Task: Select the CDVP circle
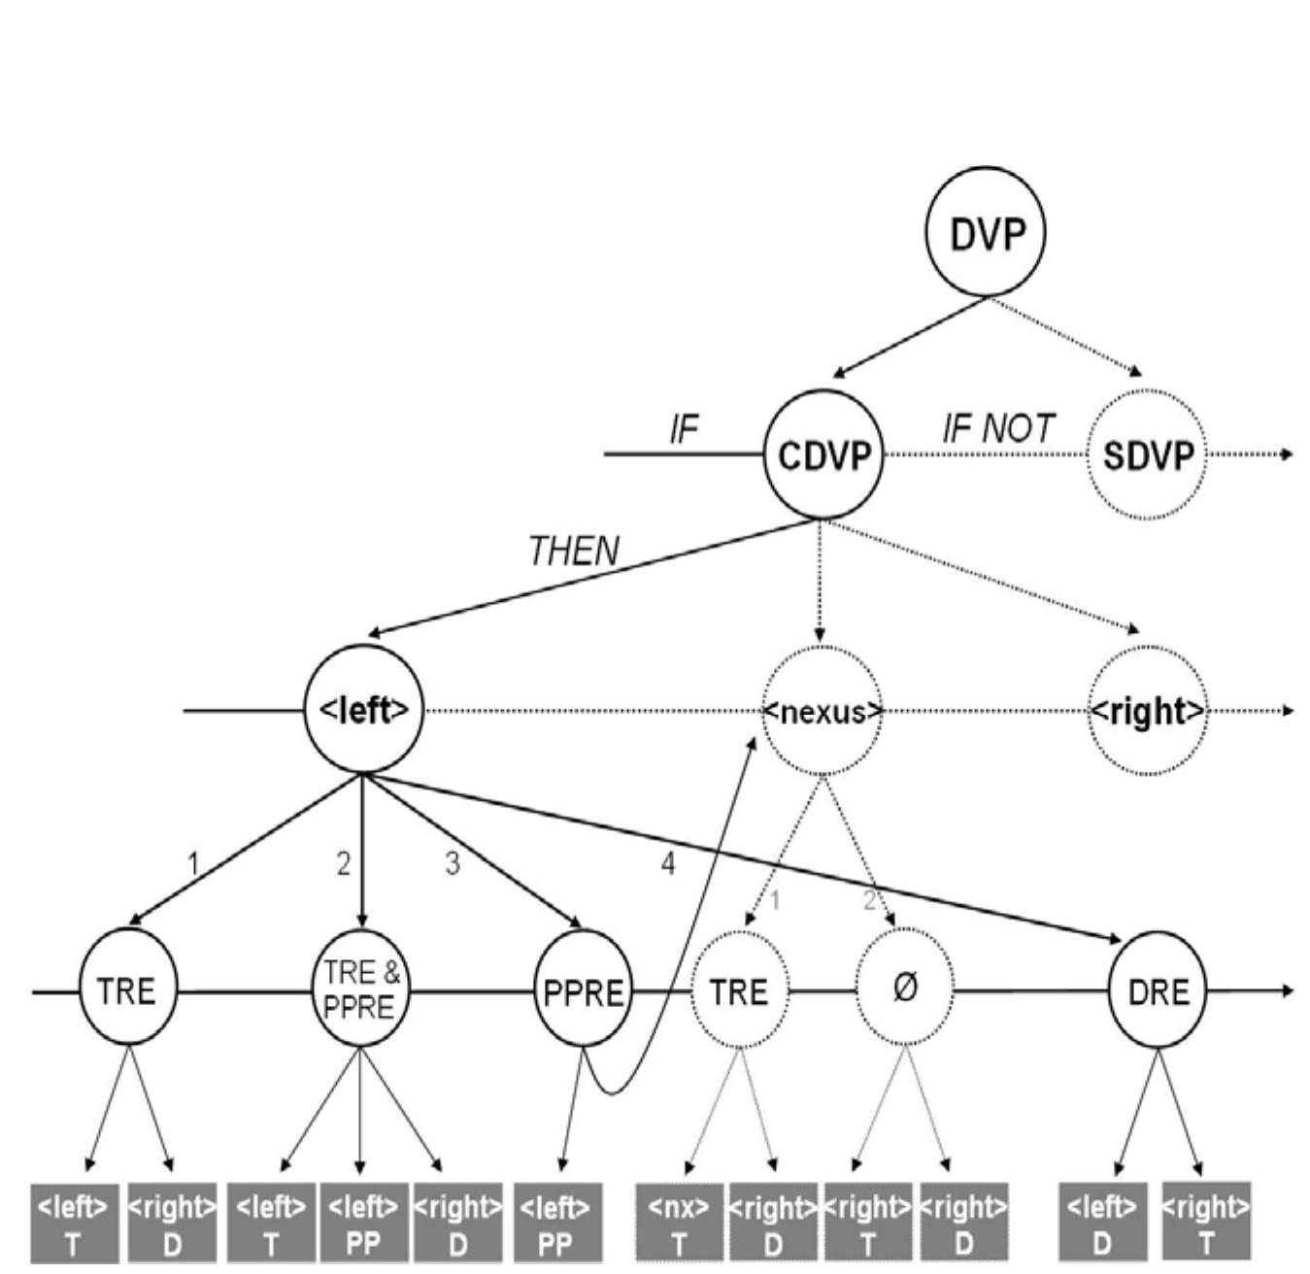click(x=823, y=453)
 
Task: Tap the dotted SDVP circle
click(x=1147, y=453)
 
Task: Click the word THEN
click(x=573, y=552)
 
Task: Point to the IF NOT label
click(x=997, y=428)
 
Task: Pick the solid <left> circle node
click(x=363, y=710)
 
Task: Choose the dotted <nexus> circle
click(x=822, y=712)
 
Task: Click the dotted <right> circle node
click(x=1147, y=711)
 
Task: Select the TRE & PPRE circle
click(x=361, y=989)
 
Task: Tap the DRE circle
click(x=1158, y=990)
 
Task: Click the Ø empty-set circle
click(x=903, y=989)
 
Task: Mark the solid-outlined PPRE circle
click(x=583, y=991)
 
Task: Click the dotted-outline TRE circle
click(x=739, y=991)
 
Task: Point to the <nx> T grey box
click(x=679, y=1223)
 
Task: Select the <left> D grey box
click(x=1101, y=1223)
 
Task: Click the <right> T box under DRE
click(x=1205, y=1222)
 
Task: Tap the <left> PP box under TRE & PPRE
click(x=362, y=1223)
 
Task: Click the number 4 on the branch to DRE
click(x=667, y=863)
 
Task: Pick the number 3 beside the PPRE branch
click(x=452, y=863)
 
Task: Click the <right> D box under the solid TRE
click(x=172, y=1223)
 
